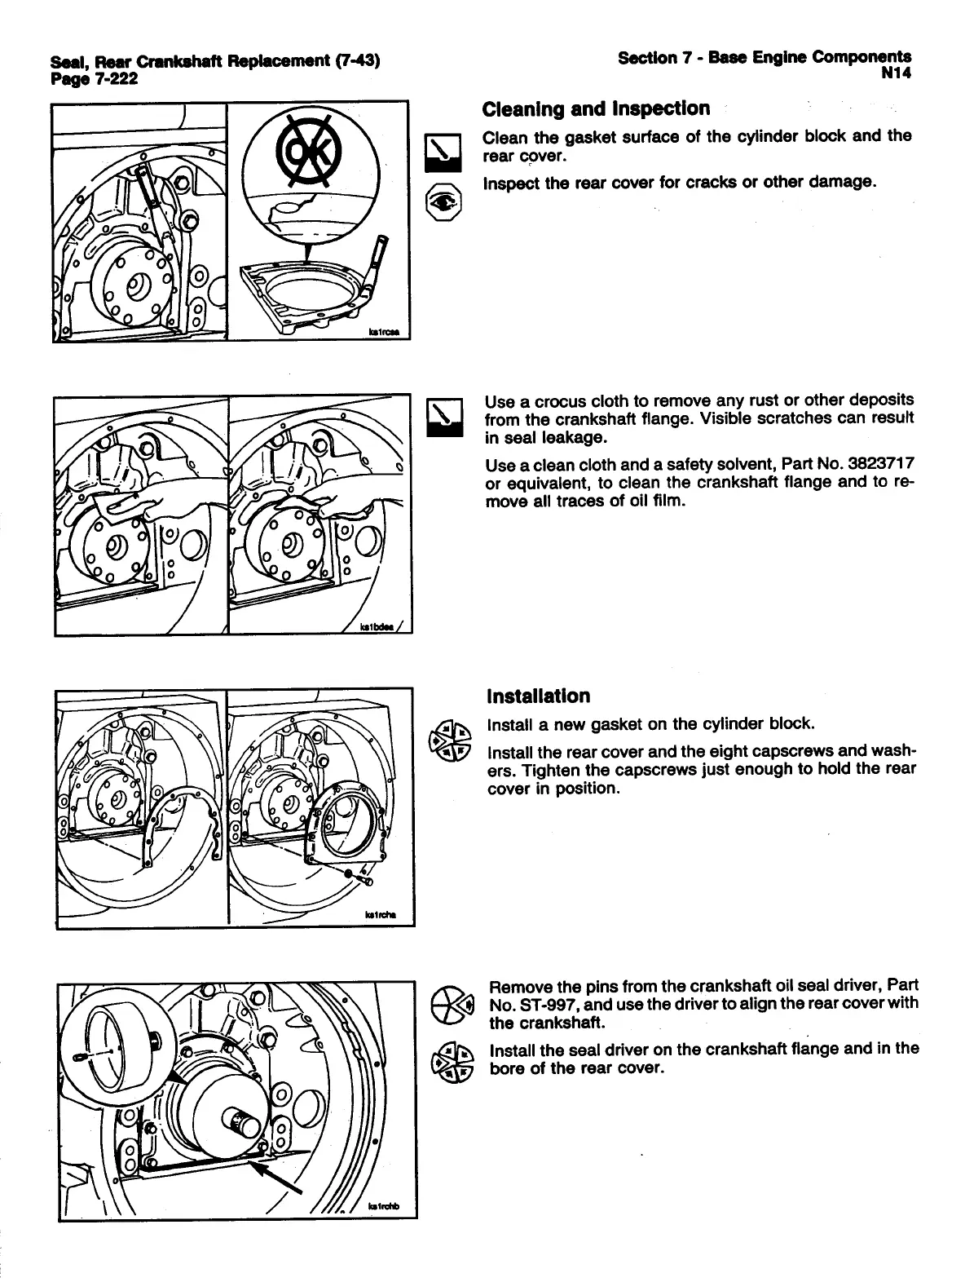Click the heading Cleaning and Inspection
595,108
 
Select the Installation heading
537,696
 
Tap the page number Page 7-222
94,79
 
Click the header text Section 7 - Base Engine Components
764,57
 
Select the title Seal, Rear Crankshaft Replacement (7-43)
215,62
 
